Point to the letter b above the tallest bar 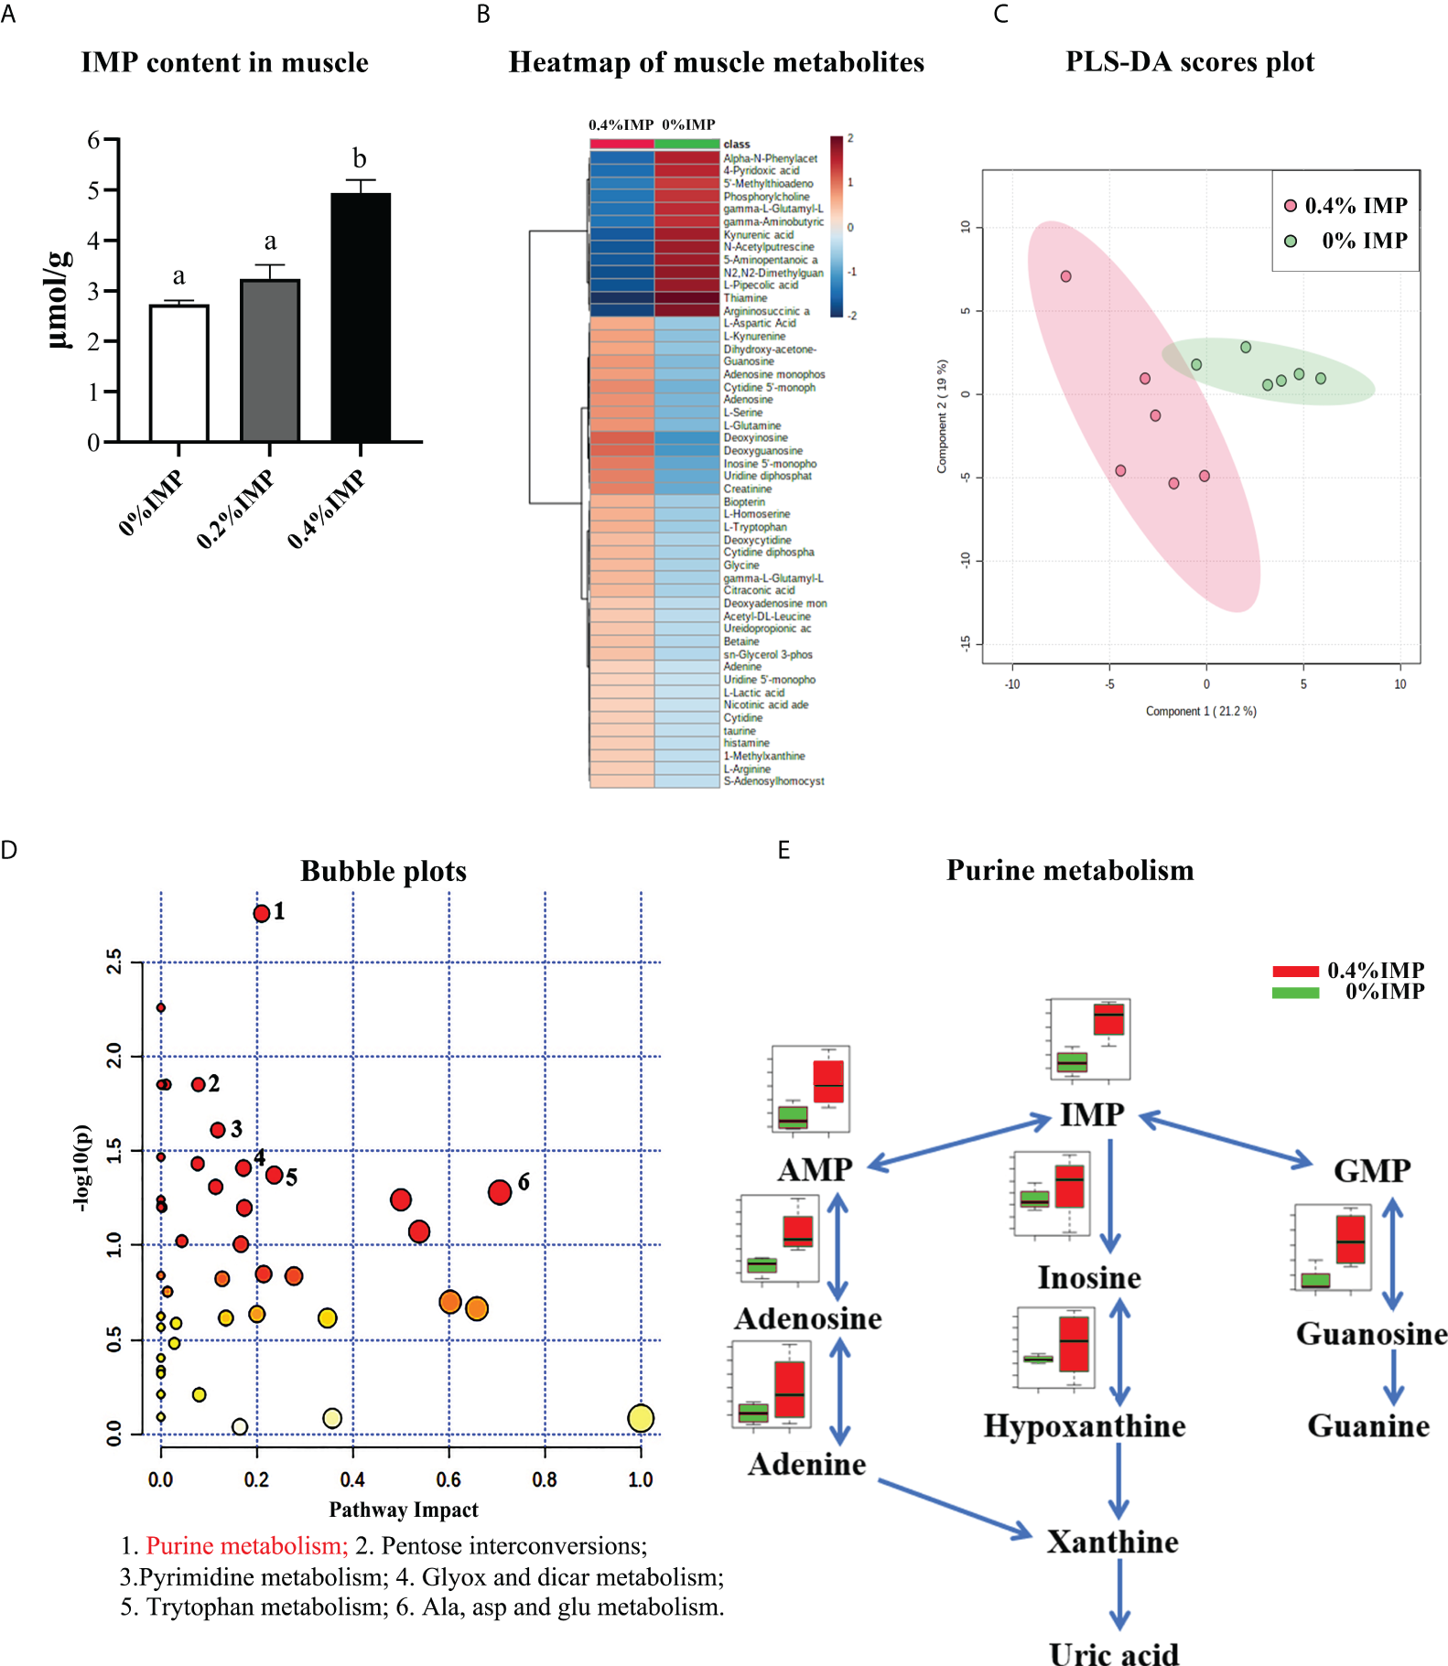tap(360, 159)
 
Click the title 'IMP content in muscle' tap(225, 62)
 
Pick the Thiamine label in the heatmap tap(745, 298)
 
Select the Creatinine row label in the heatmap tap(748, 489)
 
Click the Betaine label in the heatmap tap(741, 641)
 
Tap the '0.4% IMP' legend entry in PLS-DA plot tap(1345, 206)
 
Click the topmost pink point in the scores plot tap(1065, 276)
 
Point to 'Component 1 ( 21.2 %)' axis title tap(1201, 711)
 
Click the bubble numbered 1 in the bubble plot tap(262, 913)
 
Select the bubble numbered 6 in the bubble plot tap(500, 1192)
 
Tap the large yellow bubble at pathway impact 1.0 tap(641, 1418)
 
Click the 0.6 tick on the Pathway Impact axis tap(448, 1479)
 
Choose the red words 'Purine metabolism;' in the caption tap(247, 1545)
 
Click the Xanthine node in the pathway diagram tap(1112, 1542)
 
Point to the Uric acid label tap(1114, 1654)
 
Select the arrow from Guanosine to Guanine tap(1393, 1377)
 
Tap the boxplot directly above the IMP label tap(1089, 1038)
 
